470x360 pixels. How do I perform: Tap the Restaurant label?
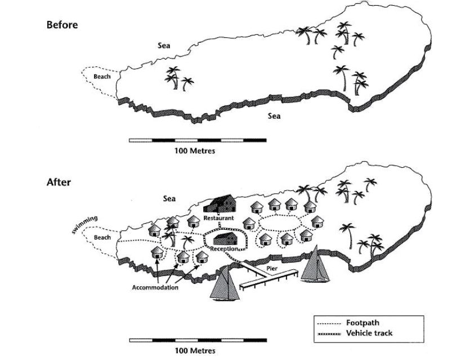pyautogui.click(x=219, y=217)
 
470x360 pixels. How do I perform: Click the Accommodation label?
pyautogui.click(x=155, y=287)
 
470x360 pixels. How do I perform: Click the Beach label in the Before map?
pyautogui.click(x=102, y=77)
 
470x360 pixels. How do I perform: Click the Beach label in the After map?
pyautogui.click(x=102, y=237)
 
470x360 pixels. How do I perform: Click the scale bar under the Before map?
pyautogui.click(x=198, y=140)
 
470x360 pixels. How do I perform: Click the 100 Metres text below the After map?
pyautogui.click(x=195, y=350)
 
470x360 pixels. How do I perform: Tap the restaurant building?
pyautogui.click(x=220, y=203)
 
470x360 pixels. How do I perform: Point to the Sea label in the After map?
pyautogui.click(x=169, y=198)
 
